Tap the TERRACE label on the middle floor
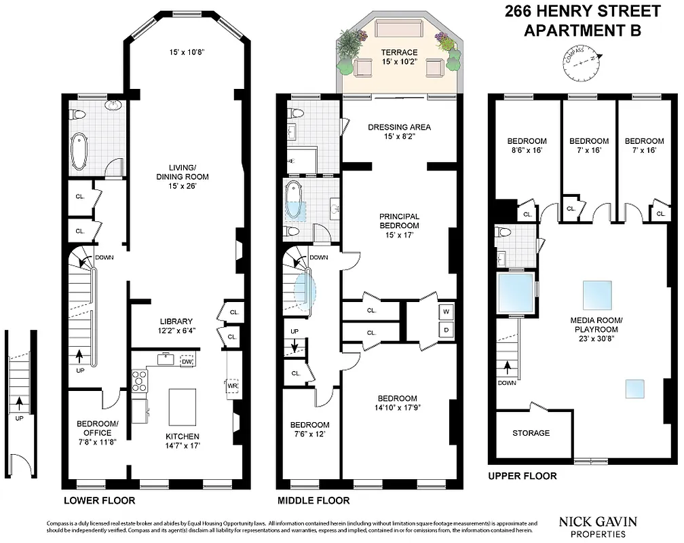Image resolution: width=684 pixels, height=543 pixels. (399, 52)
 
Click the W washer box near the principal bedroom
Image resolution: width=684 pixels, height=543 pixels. (446, 312)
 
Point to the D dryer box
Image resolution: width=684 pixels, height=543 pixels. (446, 331)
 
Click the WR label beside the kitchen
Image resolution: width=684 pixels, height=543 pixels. (232, 386)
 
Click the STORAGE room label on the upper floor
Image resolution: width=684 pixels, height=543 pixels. (531, 432)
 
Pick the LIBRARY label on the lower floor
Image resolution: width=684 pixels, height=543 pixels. (176, 321)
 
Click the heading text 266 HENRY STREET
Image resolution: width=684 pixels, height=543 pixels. (583, 12)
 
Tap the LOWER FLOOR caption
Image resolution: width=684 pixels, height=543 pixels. (99, 501)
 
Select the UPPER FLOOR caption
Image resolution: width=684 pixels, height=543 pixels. (522, 476)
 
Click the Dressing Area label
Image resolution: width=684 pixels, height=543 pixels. (398, 127)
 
